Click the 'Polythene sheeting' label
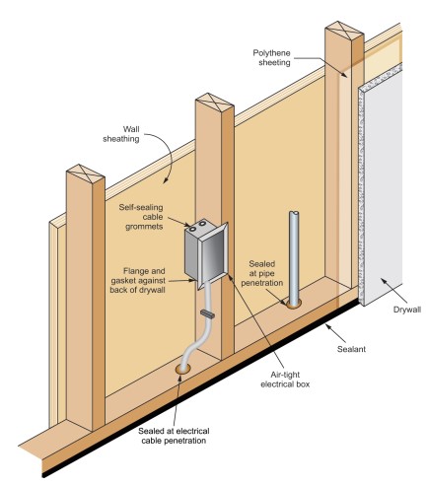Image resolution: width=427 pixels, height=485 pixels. (x=271, y=58)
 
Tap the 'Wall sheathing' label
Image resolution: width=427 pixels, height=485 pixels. (x=121, y=134)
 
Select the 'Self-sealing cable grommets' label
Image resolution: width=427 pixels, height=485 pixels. (x=141, y=217)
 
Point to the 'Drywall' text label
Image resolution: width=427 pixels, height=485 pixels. (x=407, y=310)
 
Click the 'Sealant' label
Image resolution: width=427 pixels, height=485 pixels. (x=351, y=349)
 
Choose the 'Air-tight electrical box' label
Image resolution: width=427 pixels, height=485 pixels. (x=285, y=380)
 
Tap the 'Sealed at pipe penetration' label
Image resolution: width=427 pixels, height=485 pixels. (x=262, y=273)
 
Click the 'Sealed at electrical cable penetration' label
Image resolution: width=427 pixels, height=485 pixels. (x=174, y=436)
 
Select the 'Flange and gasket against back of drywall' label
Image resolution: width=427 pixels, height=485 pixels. (x=138, y=280)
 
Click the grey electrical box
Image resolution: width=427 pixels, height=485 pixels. (x=205, y=254)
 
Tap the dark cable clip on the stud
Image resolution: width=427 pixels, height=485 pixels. (x=207, y=314)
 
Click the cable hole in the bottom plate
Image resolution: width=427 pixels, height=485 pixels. (x=182, y=369)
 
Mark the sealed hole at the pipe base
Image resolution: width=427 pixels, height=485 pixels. (x=294, y=304)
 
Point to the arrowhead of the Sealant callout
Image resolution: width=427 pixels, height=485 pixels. (x=327, y=326)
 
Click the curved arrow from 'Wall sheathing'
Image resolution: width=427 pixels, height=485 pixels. (x=170, y=155)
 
